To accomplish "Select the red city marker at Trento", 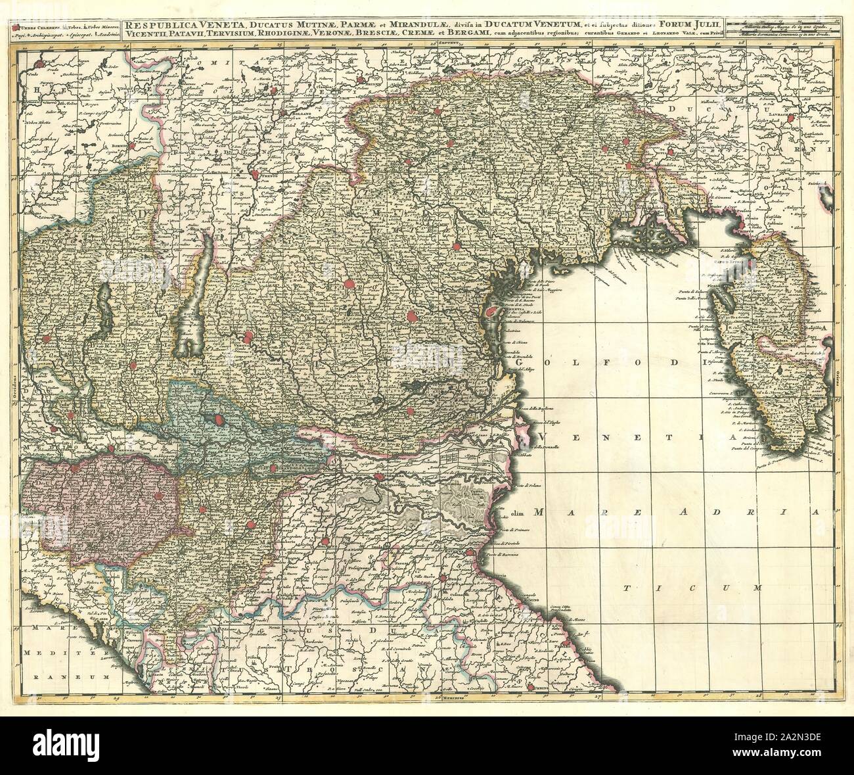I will pyautogui.click(x=255, y=176).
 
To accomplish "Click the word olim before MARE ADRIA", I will pyautogui.click(x=522, y=511).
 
